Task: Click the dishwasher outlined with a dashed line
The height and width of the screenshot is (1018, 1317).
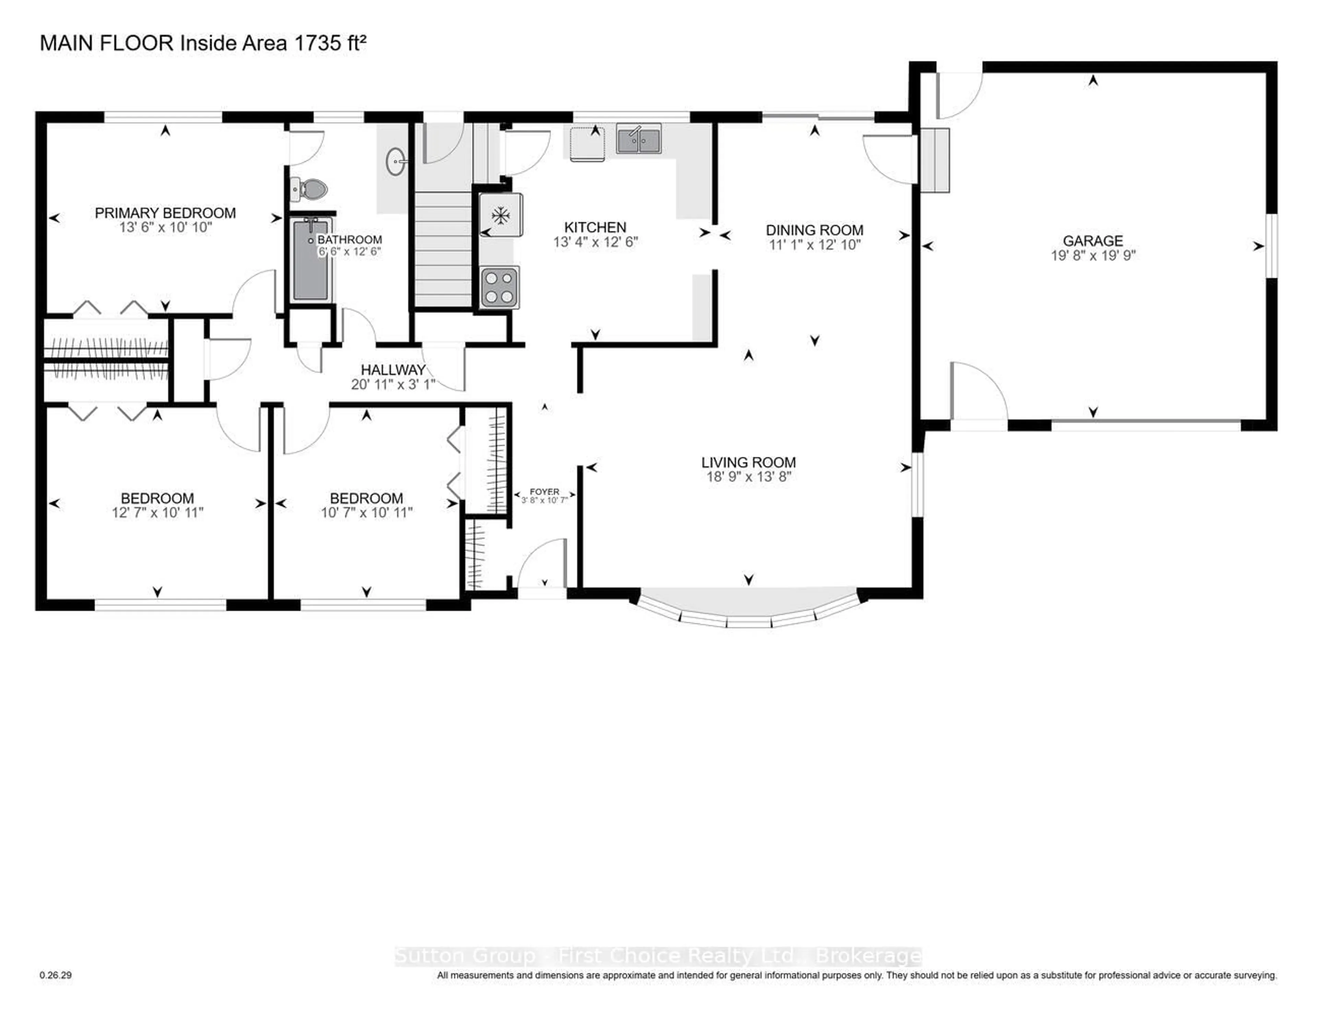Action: click(587, 143)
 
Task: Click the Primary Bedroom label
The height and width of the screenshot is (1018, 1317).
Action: click(165, 213)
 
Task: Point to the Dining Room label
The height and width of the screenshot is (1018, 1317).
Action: click(814, 230)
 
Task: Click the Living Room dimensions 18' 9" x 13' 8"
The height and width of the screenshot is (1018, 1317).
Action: click(748, 477)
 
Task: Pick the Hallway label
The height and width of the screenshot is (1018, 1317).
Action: click(393, 370)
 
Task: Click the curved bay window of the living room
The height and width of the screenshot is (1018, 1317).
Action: click(748, 609)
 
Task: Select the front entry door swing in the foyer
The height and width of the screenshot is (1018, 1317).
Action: click(541, 564)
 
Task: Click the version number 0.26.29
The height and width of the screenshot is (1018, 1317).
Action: click(56, 975)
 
